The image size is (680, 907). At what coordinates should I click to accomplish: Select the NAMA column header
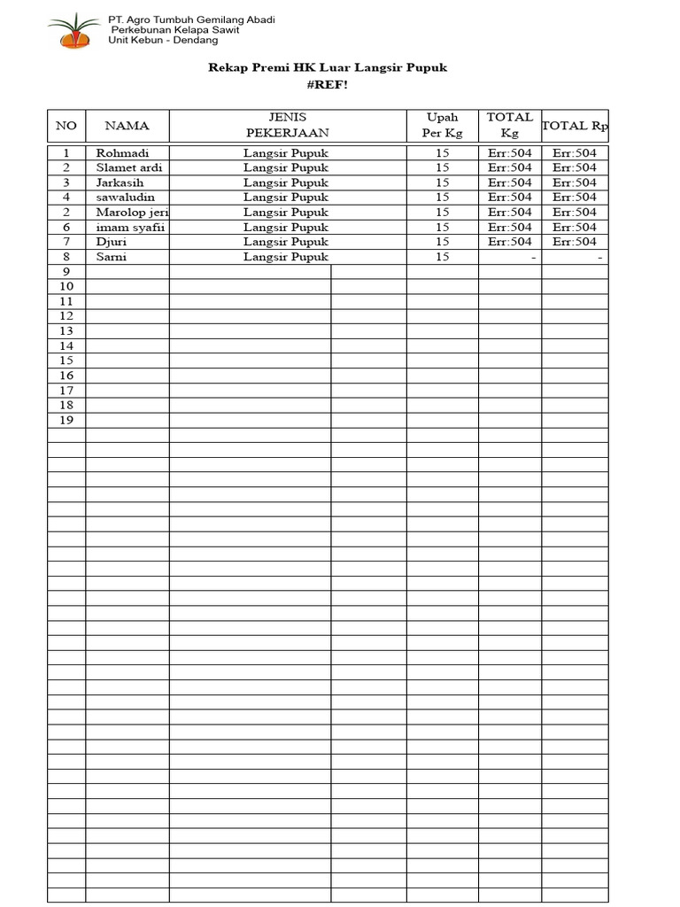point(127,126)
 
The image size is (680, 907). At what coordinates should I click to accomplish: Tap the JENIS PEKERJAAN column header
point(287,125)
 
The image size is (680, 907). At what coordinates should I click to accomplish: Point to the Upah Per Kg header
point(443,125)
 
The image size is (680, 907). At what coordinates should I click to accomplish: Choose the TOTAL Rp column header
point(575,126)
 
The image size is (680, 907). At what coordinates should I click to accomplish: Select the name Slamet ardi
point(129,167)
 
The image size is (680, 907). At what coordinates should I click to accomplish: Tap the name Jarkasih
point(120,182)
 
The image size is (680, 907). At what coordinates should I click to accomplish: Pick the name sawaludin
point(125,197)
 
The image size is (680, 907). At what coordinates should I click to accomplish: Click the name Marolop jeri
point(132,212)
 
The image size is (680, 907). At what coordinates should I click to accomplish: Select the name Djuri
point(112,241)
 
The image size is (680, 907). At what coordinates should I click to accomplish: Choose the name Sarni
point(111,257)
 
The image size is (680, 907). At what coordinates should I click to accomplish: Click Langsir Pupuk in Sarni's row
point(286,257)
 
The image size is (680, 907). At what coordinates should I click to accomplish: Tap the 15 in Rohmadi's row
point(443,153)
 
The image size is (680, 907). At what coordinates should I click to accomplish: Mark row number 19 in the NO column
point(66,420)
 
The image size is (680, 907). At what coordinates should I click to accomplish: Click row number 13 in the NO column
point(66,330)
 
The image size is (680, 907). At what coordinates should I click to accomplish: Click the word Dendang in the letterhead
point(198,41)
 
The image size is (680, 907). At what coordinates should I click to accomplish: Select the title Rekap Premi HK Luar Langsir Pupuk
point(328,66)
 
